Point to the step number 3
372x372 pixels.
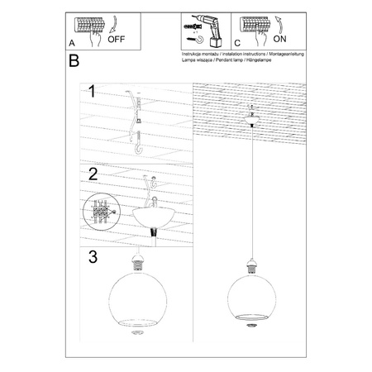pyautogui.click(x=94, y=257)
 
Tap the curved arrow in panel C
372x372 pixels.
pyautogui.click(x=279, y=21)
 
